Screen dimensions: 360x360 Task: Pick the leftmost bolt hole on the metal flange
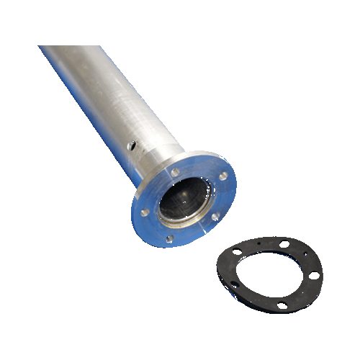coord(145,214)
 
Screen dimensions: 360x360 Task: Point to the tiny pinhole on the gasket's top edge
coord(259,243)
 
